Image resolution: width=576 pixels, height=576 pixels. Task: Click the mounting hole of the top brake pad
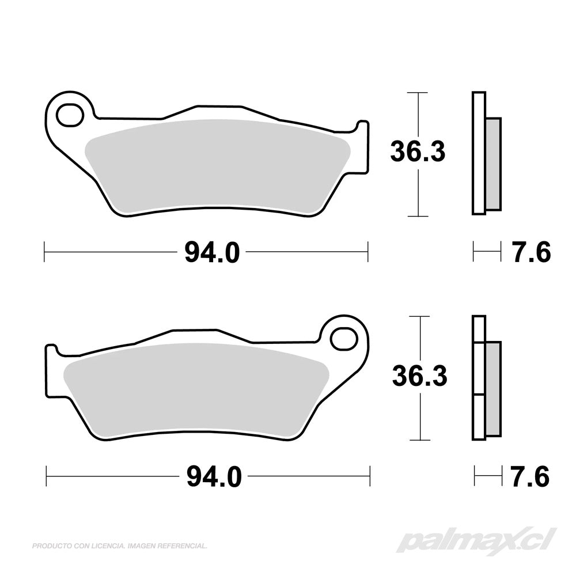[70, 115]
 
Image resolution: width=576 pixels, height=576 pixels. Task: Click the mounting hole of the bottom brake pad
[343, 339]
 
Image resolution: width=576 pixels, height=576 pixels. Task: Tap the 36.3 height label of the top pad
[418, 151]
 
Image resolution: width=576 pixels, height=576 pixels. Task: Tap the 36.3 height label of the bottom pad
[419, 376]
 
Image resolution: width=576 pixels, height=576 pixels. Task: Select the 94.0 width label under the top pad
[212, 252]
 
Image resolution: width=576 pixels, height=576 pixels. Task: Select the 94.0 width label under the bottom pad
[214, 476]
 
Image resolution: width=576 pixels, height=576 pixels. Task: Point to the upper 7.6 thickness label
[532, 252]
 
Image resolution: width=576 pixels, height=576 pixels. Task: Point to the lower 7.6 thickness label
[530, 476]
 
